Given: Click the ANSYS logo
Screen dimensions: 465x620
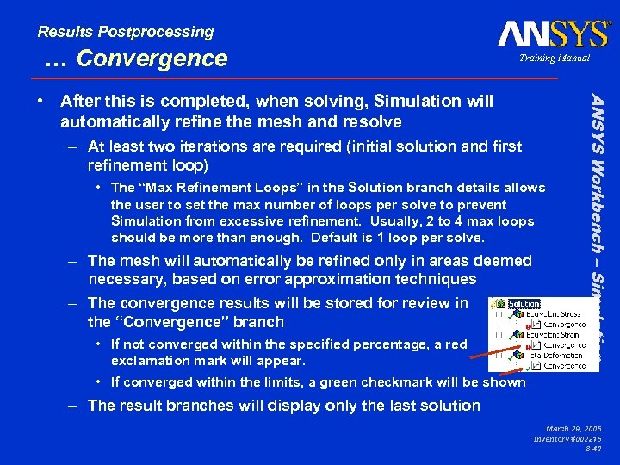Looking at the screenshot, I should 553,34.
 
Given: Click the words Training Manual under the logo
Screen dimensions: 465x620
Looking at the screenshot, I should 555,58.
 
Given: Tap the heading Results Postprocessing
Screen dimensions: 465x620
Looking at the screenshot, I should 126,32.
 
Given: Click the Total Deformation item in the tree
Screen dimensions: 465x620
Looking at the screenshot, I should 559,354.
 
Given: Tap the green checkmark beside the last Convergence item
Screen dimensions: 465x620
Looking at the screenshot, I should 535,364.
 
